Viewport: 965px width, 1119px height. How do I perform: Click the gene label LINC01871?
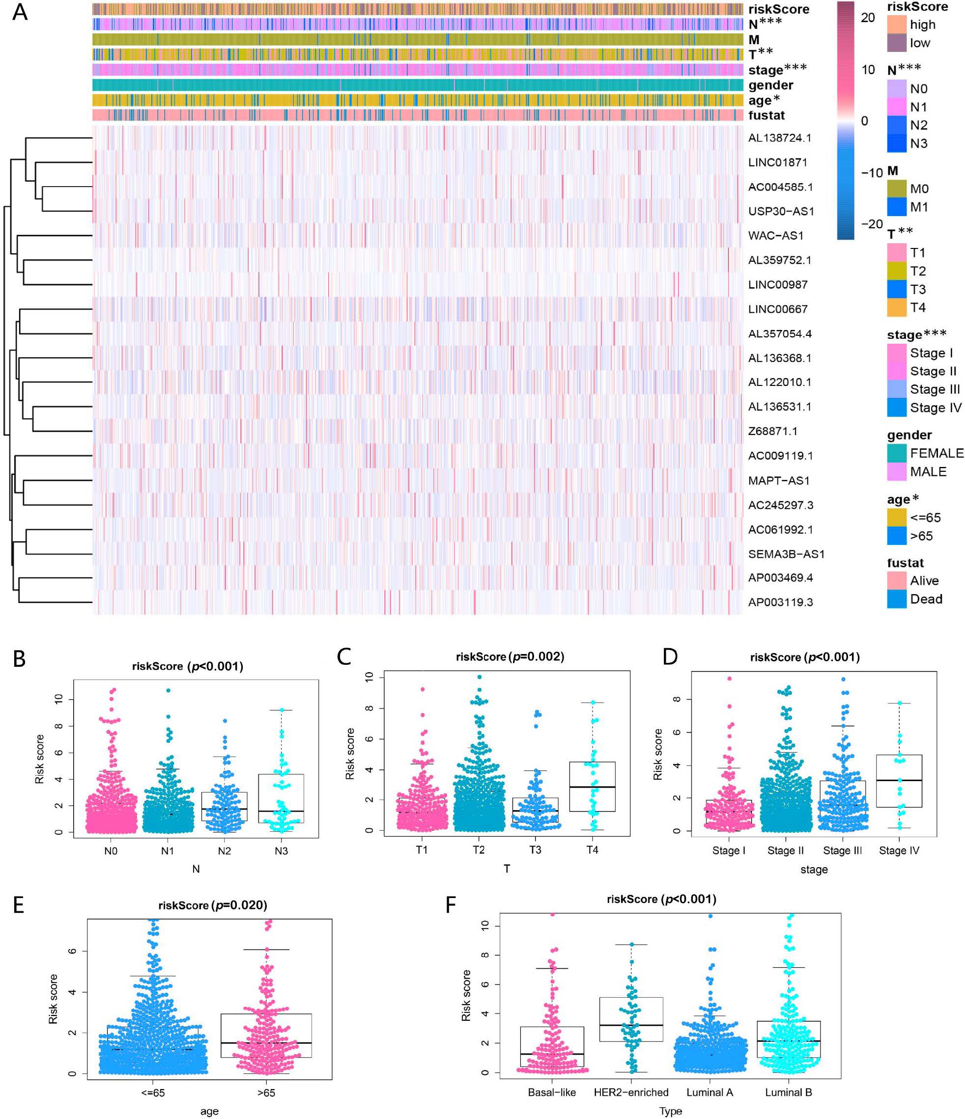777,163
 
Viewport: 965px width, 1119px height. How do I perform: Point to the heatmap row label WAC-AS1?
775,236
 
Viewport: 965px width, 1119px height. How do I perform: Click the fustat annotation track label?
766,115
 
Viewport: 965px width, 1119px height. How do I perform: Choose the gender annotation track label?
770,85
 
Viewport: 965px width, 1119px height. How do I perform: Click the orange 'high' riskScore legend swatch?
896,24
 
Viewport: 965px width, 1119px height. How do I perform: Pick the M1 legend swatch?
896,207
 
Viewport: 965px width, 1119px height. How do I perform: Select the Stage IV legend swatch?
896,408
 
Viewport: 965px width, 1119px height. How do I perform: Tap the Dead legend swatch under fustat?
896,599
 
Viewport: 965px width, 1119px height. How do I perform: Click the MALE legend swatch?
896,471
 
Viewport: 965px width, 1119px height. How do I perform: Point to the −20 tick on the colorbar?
871,224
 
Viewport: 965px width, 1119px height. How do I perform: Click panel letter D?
670,656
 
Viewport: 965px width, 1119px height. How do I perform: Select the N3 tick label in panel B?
281,851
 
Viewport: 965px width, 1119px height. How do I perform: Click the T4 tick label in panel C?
592,850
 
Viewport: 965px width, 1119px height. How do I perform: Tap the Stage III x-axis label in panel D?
842,850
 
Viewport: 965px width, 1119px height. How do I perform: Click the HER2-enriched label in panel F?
630,1092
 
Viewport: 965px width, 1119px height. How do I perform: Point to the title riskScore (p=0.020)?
212,905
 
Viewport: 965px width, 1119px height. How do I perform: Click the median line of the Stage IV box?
899,780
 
